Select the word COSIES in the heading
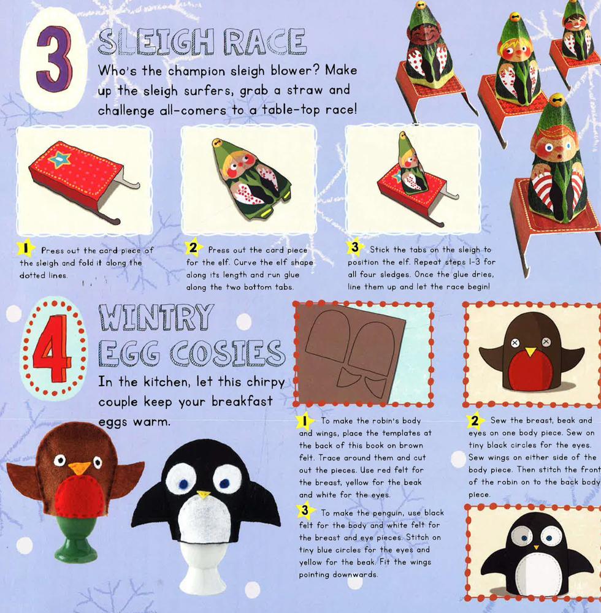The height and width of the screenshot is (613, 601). [x=228, y=353]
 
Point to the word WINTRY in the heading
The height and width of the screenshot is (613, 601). [x=156, y=317]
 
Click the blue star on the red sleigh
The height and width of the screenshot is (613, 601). [x=59, y=160]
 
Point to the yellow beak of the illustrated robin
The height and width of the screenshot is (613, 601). [x=530, y=351]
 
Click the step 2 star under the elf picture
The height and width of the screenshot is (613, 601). [x=194, y=248]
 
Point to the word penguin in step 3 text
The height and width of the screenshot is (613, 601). [x=393, y=513]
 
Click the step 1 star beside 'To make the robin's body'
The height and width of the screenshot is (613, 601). [x=304, y=421]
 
